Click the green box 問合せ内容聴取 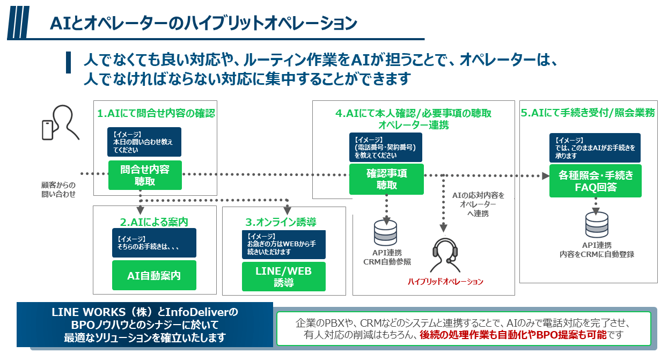point(145,175)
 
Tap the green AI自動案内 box point(154,275)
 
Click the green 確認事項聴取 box point(386,179)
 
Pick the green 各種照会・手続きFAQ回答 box point(596,181)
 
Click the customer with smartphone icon point(60,123)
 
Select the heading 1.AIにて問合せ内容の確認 point(156,113)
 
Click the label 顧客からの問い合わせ point(58,189)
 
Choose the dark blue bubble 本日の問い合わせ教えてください point(145,142)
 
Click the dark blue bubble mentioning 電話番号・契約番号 point(386,147)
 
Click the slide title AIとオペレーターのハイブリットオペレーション point(203,23)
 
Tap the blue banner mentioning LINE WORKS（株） point(145,325)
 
